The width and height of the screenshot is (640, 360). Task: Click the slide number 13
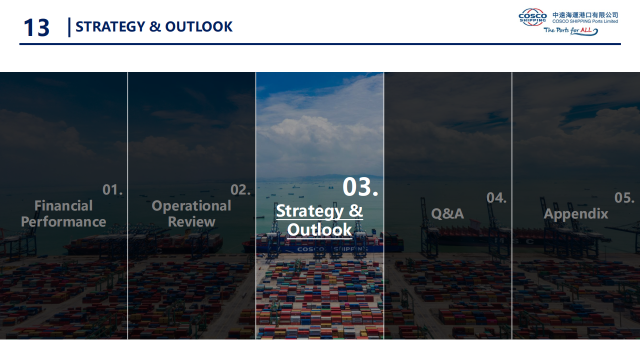tap(36, 27)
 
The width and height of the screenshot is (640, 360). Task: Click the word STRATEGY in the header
tap(110, 27)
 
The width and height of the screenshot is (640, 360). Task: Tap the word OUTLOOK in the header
tap(199, 27)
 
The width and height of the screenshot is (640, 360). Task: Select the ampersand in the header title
tap(155, 27)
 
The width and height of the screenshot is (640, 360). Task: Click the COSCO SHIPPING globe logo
tap(532, 17)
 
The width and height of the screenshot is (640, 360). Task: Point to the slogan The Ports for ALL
tap(570, 31)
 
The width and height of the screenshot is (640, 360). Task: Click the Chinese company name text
tap(585, 15)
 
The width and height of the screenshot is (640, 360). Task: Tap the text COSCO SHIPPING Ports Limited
tap(585, 21)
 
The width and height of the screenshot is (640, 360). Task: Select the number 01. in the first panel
tap(112, 189)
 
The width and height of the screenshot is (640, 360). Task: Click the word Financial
tap(63, 205)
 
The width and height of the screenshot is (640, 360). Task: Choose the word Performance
tap(63, 222)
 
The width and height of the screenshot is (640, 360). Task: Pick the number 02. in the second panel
tap(240, 189)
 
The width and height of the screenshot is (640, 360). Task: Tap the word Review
tap(191, 222)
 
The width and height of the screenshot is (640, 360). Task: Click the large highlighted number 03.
tap(360, 187)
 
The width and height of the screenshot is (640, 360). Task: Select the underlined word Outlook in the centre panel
tap(319, 230)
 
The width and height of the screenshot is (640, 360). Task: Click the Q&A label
tap(447, 213)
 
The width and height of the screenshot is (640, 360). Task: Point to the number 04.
tap(496, 197)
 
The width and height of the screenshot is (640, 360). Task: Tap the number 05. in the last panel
tap(624, 197)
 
